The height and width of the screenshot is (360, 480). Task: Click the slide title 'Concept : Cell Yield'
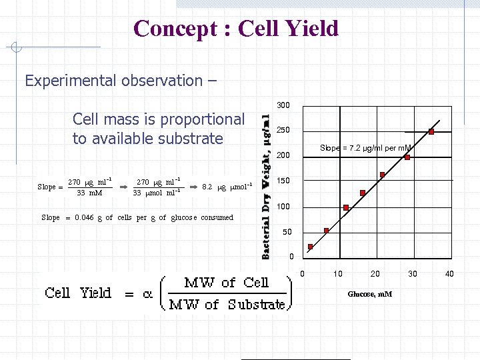pos(236,29)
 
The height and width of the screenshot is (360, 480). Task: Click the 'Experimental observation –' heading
pos(120,81)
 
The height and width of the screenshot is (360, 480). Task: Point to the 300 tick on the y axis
pos(283,105)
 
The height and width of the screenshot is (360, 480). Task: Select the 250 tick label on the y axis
pos(283,130)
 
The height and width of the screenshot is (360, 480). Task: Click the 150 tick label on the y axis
pos(283,181)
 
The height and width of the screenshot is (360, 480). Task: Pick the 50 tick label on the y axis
pos(286,232)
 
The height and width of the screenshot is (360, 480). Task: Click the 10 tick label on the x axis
pos(338,274)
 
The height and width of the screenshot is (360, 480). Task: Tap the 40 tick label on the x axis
pos(449,274)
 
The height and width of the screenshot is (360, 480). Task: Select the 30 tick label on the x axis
pos(413,274)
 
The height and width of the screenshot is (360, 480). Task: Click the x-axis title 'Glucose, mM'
pos(370,294)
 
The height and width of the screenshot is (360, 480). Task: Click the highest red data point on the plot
pos(431,131)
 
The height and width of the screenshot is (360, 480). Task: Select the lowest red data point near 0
pos(310,247)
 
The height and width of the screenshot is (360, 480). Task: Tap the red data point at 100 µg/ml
pos(346,208)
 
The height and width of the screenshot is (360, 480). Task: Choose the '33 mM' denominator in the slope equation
pos(89,193)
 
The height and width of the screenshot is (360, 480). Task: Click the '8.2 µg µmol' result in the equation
pos(227,187)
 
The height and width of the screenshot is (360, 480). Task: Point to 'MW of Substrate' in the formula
pos(227,305)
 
